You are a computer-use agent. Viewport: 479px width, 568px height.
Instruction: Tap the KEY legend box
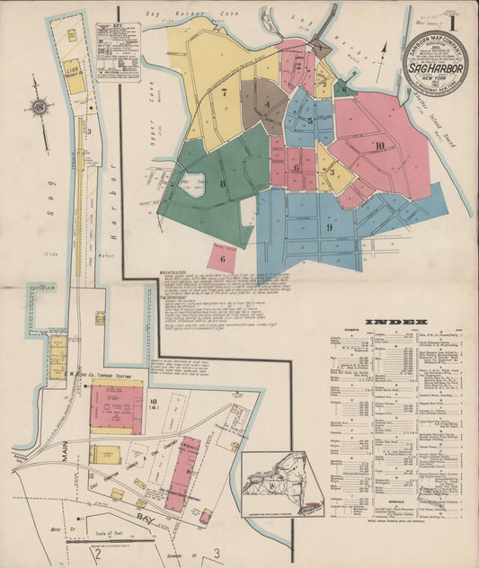click(118, 50)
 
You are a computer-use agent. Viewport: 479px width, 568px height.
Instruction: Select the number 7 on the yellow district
click(224, 91)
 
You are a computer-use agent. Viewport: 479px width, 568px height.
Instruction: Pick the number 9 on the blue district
click(330, 226)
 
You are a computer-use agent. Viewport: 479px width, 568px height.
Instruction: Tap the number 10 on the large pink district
click(380, 146)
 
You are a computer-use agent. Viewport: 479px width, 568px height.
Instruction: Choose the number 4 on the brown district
click(268, 107)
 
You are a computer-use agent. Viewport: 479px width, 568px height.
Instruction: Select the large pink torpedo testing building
click(117, 405)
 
